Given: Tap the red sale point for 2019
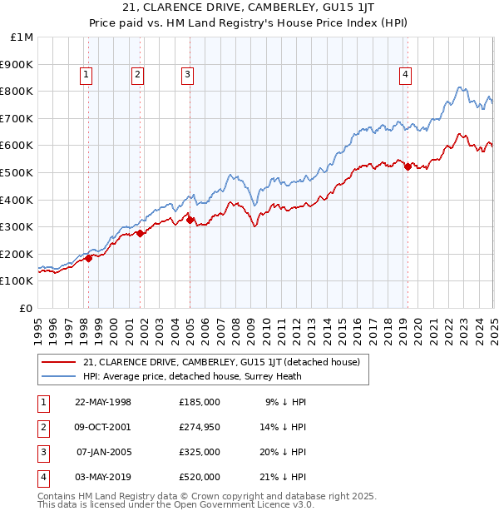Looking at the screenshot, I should [x=408, y=166].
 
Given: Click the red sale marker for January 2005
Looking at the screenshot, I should [x=190, y=220].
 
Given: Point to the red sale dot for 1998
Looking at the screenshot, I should [x=89, y=258].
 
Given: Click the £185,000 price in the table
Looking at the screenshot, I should [x=199, y=401].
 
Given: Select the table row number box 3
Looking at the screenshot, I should [x=44, y=452].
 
